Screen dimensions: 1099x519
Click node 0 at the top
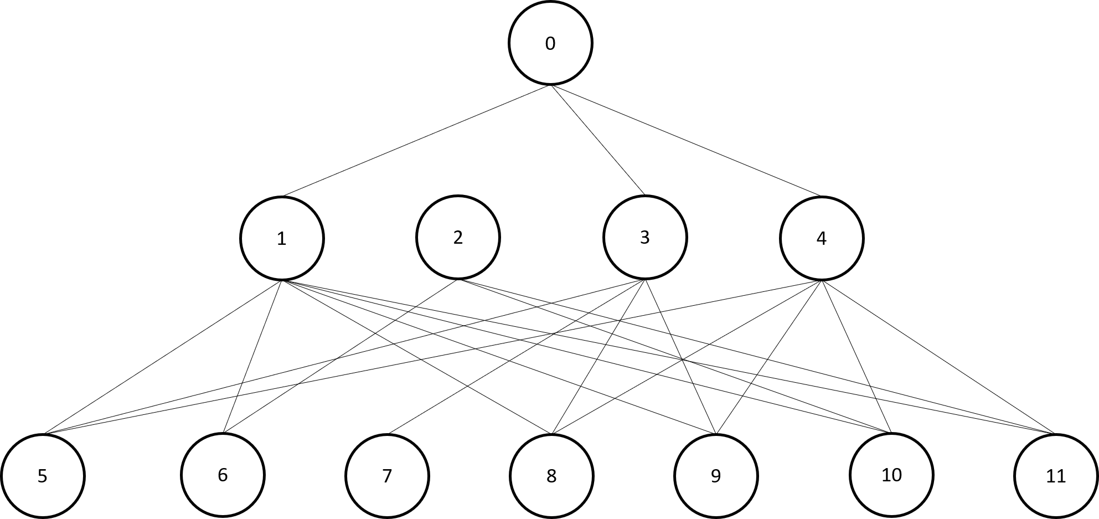(x=550, y=43)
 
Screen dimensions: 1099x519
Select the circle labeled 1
(x=282, y=238)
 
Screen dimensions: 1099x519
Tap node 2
(x=458, y=237)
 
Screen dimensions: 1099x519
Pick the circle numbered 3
(x=644, y=237)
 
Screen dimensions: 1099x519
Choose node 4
(x=821, y=238)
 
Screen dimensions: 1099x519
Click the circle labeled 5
(x=43, y=476)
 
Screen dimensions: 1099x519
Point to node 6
(x=223, y=475)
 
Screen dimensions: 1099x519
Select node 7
(x=387, y=476)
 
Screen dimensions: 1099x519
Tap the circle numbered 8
(x=551, y=476)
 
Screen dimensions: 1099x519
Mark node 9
(x=716, y=476)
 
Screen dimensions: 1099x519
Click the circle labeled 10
(x=891, y=475)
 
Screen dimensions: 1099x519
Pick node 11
(x=1056, y=476)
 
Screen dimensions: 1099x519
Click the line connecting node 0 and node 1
(x=416, y=141)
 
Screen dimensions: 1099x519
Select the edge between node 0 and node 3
(x=597, y=140)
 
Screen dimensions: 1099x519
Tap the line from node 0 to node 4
(x=685, y=141)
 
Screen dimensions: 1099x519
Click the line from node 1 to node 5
(x=164, y=357)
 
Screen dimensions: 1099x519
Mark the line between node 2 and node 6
(x=340, y=356)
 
